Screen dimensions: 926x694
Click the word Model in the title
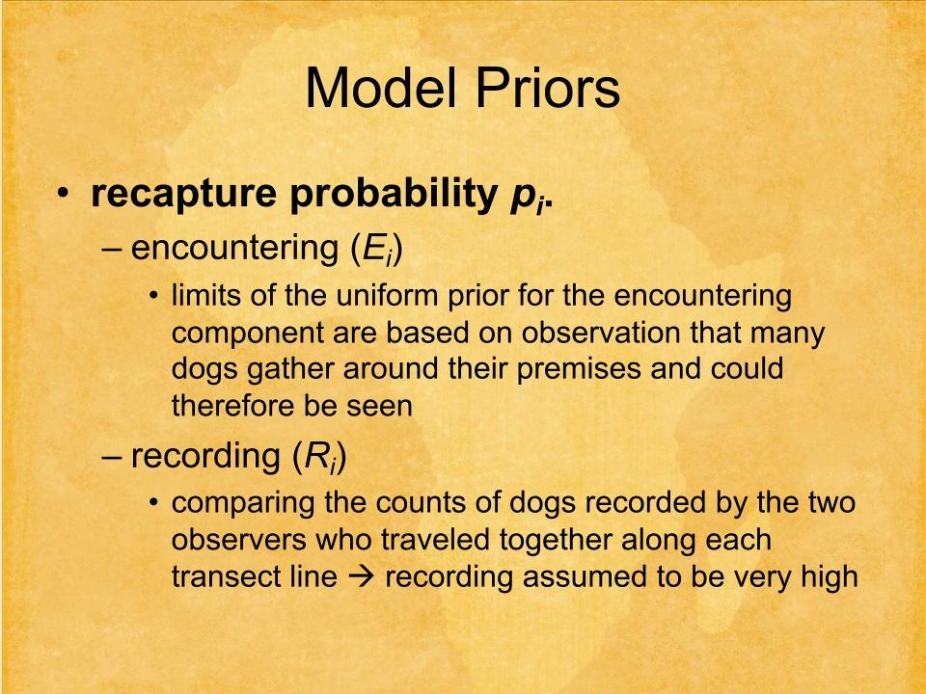[381, 88]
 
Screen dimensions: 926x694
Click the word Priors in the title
[548, 88]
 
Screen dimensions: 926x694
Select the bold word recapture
[183, 194]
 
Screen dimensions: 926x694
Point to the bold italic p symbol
[523, 197]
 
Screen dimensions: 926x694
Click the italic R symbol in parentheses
[317, 456]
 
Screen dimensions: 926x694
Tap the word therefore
[232, 406]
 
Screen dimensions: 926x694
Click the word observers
[238, 541]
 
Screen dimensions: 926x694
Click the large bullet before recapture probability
[63, 194]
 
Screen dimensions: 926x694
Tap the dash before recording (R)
[112, 457]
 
